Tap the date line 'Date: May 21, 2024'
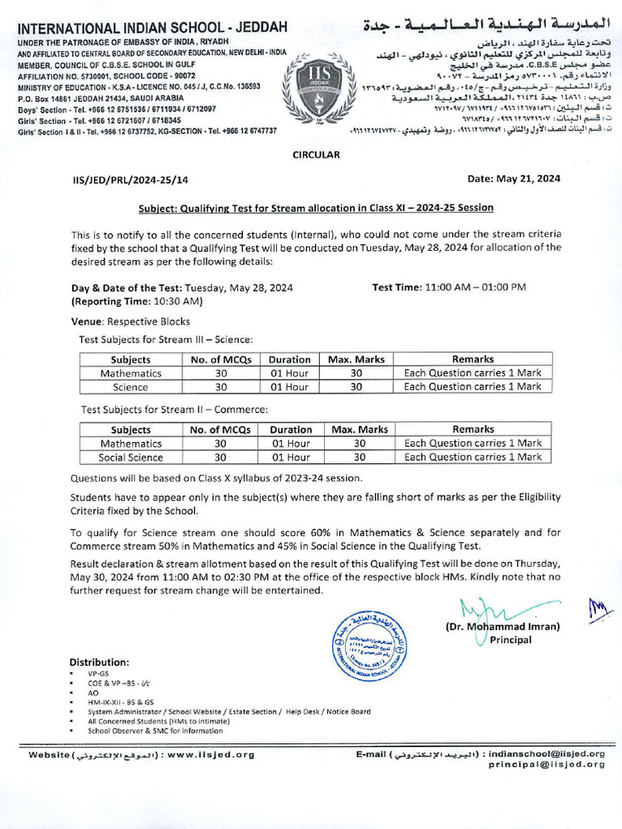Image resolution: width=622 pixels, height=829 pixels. pos(514,179)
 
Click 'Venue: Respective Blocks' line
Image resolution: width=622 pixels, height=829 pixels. pos(130,321)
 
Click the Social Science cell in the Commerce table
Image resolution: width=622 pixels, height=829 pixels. pos(130,457)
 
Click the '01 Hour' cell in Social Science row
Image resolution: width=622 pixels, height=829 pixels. pos(290,457)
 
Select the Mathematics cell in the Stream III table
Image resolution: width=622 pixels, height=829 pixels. pos(130,373)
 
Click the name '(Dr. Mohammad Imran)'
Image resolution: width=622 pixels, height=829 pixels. pos(502,627)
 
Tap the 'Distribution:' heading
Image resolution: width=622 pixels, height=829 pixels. pos(99,661)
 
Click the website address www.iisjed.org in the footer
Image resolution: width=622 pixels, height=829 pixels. pos(214,755)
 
